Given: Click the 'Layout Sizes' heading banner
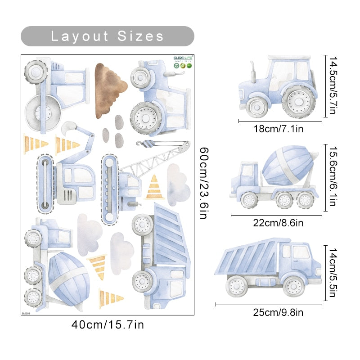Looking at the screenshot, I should [x=107, y=36].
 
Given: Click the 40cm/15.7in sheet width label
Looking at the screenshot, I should [x=107, y=324].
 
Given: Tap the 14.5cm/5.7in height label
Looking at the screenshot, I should [x=332, y=85].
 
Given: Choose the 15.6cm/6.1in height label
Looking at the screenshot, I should [x=332, y=178].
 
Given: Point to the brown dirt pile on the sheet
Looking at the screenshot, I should [x=109, y=88].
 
